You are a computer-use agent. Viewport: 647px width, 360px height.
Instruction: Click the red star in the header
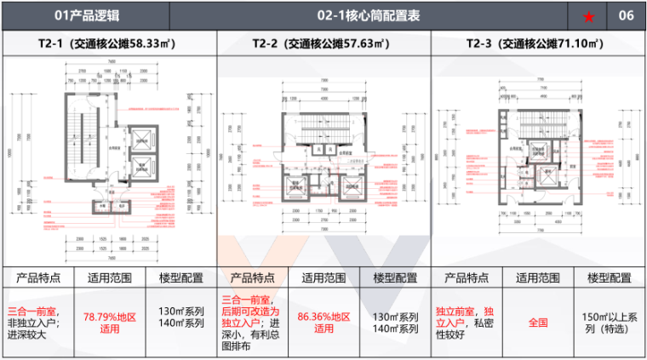coord(589,16)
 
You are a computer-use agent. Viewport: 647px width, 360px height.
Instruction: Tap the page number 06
coord(626,16)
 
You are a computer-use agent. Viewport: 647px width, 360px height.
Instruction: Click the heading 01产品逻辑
coord(84,16)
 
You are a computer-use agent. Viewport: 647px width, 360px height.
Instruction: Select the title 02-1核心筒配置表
coord(369,16)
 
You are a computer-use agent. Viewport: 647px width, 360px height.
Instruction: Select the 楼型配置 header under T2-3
coord(610,277)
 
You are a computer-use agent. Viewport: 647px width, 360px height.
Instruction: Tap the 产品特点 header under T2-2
coord(253,277)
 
